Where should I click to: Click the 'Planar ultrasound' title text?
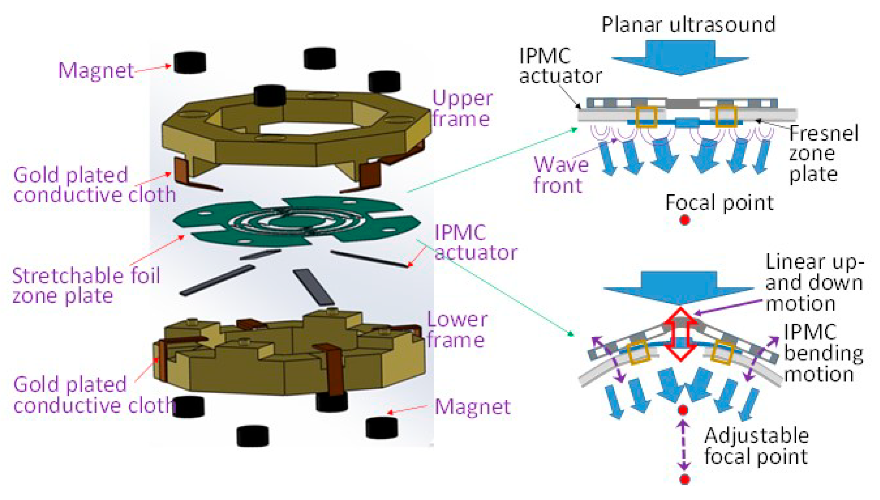click(x=688, y=25)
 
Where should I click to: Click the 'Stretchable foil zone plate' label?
click(x=86, y=286)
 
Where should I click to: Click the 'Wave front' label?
click(x=561, y=175)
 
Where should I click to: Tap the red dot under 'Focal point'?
click(x=684, y=220)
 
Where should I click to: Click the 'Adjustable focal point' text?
click(x=756, y=446)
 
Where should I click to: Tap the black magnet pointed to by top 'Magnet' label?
click(x=190, y=62)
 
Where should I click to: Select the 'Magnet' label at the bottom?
click(x=472, y=407)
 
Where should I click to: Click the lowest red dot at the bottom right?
click(x=684, y=479)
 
